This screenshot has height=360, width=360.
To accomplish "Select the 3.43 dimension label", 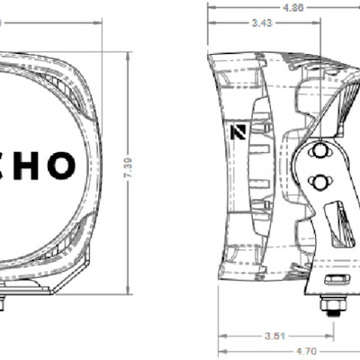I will pos(262,22).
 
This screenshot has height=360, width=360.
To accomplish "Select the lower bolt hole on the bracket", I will pos(317,184).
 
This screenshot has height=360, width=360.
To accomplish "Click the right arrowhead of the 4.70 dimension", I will pos(354,351).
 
